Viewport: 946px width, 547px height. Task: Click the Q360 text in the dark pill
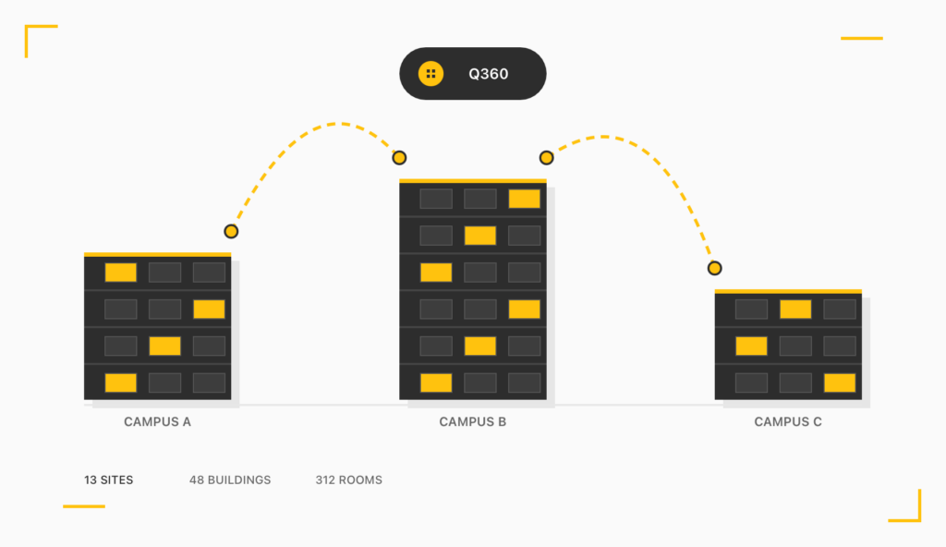coord(488,74)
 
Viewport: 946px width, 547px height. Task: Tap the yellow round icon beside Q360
coord(431,74)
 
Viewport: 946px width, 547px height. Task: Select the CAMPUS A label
coord(157,422)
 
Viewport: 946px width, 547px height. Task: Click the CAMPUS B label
coord(472,422)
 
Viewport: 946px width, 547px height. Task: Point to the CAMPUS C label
coord(787,422)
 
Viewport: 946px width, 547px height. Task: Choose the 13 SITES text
coord(108,480)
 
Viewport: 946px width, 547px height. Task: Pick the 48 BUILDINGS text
coord(230,480)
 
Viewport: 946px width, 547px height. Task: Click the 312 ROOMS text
coord(348,480)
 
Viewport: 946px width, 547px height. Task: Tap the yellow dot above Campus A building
coord(231,231)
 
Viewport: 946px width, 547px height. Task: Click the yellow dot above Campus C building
coord(714,268)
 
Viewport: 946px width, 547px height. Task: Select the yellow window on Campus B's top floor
coord(524,199)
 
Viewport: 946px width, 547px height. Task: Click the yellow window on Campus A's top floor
coord(120,273)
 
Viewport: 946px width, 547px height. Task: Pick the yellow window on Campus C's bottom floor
coord(839,383)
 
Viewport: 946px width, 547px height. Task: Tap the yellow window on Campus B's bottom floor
coord(436,383)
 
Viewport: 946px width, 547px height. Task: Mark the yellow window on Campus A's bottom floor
coord(120,383)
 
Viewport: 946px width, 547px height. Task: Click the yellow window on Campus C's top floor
coord(794,310)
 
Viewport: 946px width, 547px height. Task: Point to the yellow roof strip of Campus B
coord(472,181)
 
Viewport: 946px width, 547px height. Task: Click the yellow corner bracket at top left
coord(31,32)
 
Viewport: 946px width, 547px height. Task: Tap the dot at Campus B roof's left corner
coord(399,158)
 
